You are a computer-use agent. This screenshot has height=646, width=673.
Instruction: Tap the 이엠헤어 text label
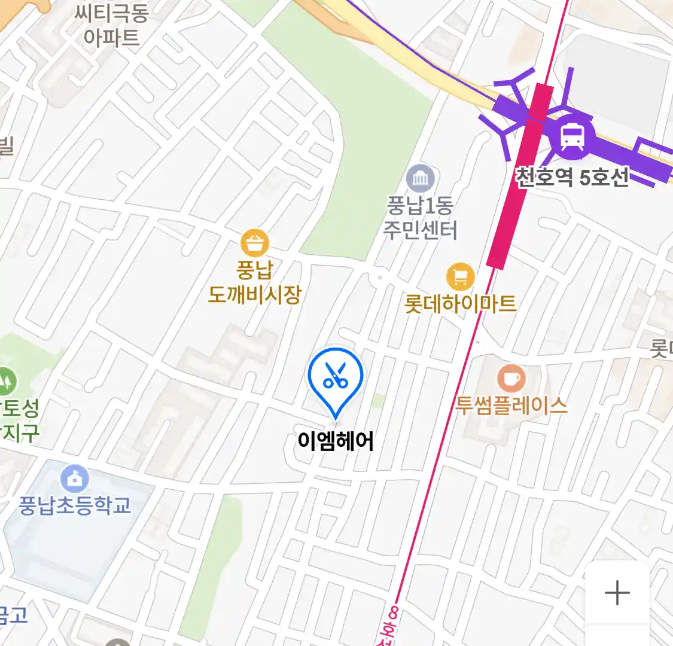click(x=336, y=441)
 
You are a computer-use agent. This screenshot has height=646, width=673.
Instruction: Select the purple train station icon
click(x=572, y=136)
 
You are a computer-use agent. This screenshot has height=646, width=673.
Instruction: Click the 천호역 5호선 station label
click(x=572, y=177)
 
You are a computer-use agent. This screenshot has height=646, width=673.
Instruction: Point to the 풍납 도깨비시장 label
click(x=255, y=282)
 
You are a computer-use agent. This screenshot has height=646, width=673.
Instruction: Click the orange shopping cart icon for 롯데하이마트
click(x=460, y=277)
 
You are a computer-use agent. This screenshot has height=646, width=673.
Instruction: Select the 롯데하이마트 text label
click(x=460, y=304)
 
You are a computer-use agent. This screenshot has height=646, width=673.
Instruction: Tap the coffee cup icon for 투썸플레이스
click(x=511, y=379)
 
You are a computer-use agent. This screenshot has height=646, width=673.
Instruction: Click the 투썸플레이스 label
click(x=511, y=406)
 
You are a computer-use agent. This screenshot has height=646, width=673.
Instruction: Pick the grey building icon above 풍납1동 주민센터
click(x=421, y=178)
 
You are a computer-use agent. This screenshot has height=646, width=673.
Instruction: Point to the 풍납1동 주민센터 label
click(x=421, y=218)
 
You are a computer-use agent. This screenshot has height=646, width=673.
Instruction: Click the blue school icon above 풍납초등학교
click(x=75, y=479)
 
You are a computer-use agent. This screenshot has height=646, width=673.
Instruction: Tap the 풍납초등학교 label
click(x=75, y=506)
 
